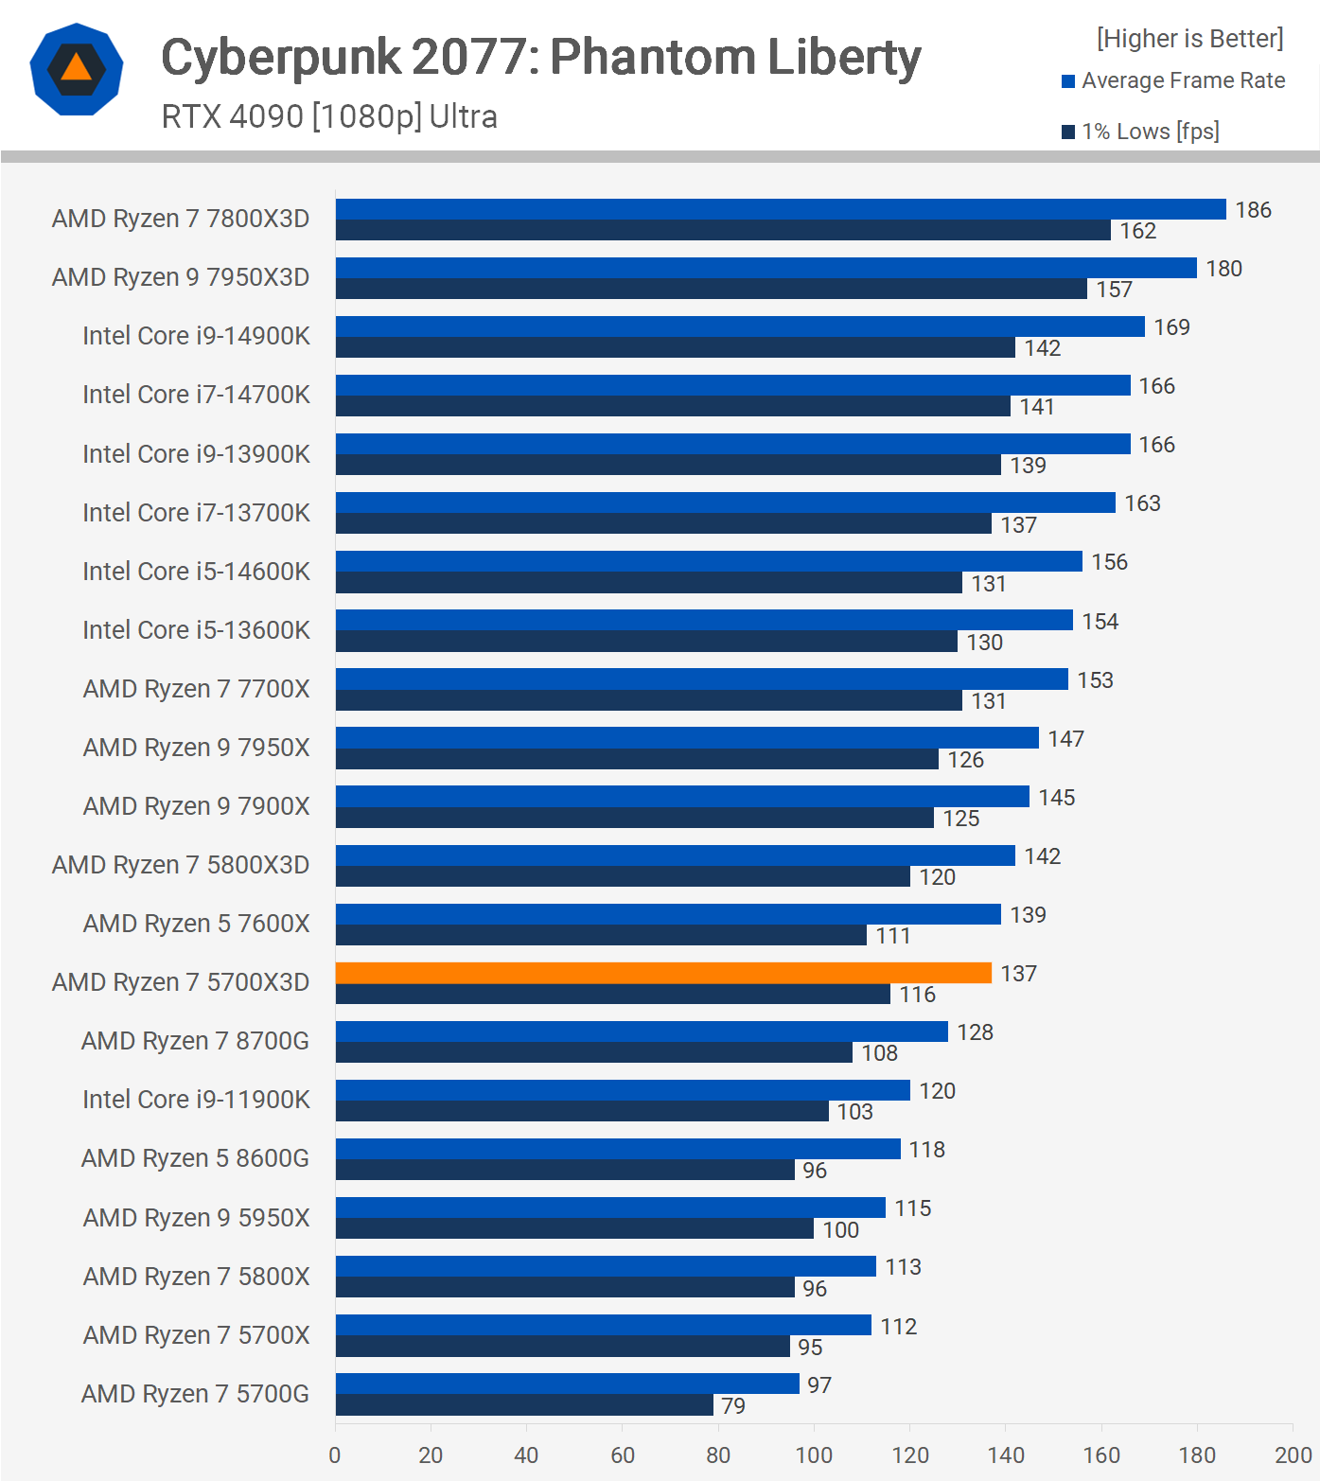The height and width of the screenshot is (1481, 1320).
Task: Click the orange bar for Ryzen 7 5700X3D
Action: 662,973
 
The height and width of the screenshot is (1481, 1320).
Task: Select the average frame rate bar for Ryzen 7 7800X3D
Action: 780,209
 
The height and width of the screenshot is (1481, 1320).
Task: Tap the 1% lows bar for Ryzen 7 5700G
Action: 524,1405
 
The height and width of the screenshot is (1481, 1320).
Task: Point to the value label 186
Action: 1253,210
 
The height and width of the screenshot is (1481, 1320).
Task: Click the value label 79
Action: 733,1406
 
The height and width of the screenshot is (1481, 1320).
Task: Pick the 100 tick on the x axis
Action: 814,1455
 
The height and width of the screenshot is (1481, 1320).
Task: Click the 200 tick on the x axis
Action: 1293,1455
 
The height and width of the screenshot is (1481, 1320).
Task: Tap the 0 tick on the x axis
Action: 335,1455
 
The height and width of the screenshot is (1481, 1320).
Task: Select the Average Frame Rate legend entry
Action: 1173,81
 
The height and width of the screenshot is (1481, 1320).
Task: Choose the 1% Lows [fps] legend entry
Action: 1141,132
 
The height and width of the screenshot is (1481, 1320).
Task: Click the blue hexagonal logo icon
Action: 77,69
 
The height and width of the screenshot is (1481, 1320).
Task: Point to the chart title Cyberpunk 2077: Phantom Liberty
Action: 540,57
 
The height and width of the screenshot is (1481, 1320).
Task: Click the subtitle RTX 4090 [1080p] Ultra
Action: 329,116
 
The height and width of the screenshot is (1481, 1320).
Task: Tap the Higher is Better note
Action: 1189,39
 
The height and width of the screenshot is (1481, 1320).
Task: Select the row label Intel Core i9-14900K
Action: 196,336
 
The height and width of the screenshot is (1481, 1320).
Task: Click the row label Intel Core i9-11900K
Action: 196,1100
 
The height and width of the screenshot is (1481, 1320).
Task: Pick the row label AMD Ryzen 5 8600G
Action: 195,1158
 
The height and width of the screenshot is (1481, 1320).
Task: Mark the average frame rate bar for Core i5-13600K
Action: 704,620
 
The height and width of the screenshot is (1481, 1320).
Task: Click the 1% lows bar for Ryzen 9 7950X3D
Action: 711,289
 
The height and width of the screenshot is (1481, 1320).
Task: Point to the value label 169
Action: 1171,327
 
